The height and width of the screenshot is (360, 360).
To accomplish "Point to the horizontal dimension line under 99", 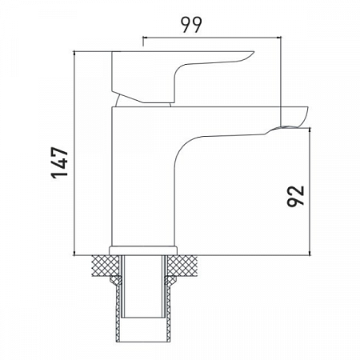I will pos(211,37).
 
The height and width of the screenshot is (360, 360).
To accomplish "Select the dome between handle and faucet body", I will pos(144,100).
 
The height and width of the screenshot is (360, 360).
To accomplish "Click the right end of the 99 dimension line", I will pos(281,37).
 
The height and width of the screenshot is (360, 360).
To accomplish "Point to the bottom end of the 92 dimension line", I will pos(310,255).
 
